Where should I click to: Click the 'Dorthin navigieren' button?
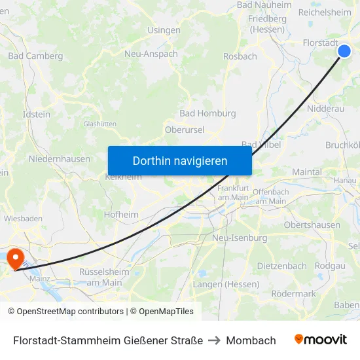click(x=180, y=160)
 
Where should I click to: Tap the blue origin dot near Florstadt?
click(x=344, y=51)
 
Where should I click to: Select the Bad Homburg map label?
click(x=207, y=113)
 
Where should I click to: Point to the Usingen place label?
click(x=164, y=30)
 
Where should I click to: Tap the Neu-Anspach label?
click(x=151, y=54)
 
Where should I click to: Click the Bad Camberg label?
click(x=35, y=56)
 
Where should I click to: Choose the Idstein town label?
click(x=37, y=114)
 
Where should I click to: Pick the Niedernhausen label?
click(x=60, y=159)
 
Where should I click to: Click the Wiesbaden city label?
click(x=24, y=218)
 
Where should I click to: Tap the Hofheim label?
click(x=121, y=214)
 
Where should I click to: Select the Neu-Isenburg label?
click(x=240, y=238)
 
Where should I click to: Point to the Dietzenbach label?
click(x=281, y=266)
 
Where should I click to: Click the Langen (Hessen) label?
click(x=226, y=284)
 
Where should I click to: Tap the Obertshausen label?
click(x=312, y=225)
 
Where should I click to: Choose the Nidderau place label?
click(x=325, y=109)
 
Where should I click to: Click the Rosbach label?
click(x=240, y=56)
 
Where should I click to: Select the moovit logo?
click(x=321, y=340)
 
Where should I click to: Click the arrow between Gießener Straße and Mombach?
click(x=215, y=340)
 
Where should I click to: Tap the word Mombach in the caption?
click(x=251, y=340)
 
